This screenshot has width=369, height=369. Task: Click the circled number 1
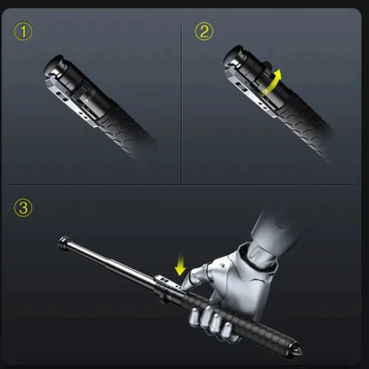coord(23,32)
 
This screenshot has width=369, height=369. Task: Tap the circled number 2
coord(204,32)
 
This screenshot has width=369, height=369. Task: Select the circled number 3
coord(23,208)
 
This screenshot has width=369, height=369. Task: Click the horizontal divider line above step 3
coord(181,184)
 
